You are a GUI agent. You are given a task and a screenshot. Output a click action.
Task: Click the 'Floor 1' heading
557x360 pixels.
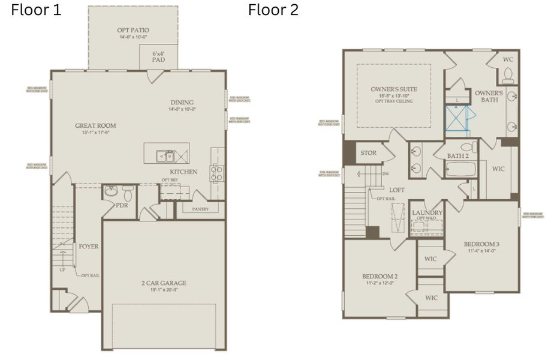coord(36,10)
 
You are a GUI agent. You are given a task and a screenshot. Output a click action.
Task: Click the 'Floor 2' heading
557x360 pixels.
coord(273,10)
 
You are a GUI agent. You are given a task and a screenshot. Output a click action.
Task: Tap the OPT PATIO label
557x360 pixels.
coord(133,30)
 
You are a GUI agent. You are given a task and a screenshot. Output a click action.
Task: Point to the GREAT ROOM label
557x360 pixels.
coord(95,126)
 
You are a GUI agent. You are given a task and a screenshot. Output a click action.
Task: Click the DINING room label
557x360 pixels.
coord(182,103)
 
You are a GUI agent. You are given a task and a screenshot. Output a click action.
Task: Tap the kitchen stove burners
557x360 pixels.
coord(216,173)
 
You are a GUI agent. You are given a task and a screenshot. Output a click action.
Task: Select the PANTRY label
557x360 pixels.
coord(200,209)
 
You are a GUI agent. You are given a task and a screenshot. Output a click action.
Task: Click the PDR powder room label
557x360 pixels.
coord(123,205)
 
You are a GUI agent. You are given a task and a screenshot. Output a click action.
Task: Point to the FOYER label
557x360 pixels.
coord(89,246)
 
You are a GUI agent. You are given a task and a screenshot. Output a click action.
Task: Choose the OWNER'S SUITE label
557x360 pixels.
coord(394,89)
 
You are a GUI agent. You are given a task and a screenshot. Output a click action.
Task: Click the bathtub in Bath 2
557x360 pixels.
coord(460,169)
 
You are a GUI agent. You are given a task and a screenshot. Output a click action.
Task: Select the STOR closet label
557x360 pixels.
coord(368,153)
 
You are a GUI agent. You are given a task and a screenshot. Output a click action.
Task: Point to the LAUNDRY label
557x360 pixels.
coord(427,213)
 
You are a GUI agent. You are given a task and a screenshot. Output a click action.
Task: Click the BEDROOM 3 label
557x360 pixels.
coord(481,244)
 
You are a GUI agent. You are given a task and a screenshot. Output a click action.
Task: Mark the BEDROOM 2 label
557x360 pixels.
coord(380,277)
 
